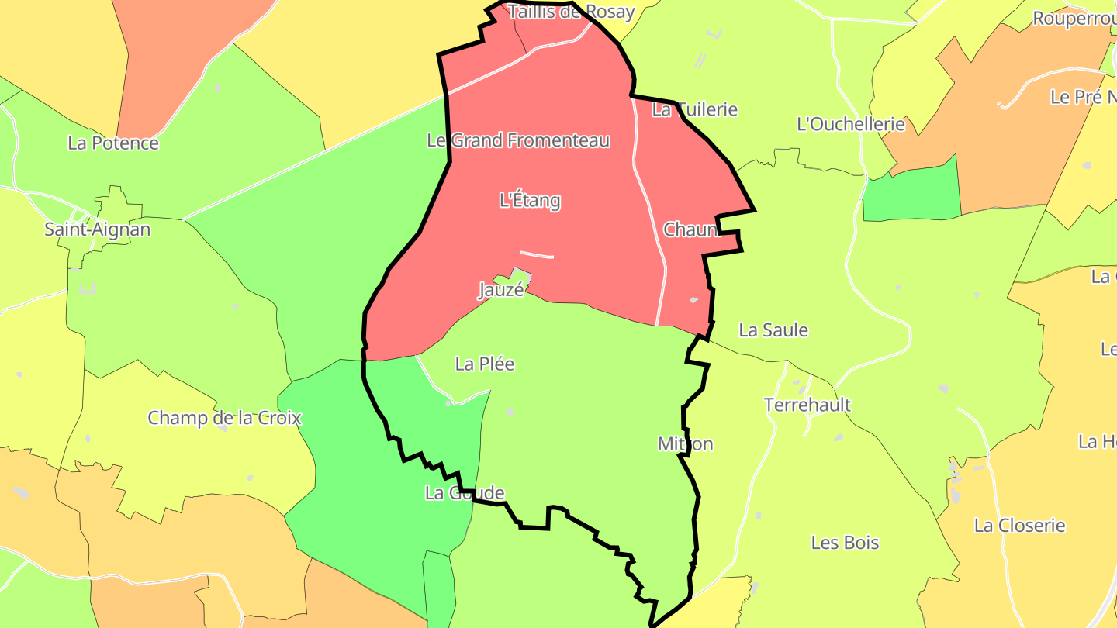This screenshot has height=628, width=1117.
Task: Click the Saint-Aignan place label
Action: (97, 229)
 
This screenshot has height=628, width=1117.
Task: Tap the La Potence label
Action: (113, 143)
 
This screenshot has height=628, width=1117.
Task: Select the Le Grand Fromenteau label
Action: (518, 140)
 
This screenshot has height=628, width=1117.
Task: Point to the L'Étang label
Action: (530, 201)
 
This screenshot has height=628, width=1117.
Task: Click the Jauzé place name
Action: (501, 291)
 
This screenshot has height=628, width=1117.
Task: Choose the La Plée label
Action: (485, 364)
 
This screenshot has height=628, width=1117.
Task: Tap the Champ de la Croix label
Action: (224, 418)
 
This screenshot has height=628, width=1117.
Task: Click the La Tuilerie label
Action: (694, 109)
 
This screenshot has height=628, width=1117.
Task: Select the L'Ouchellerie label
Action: (851, 124)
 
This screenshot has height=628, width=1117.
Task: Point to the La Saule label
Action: (773, 330)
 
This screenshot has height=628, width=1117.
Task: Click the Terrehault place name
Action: (807, 405)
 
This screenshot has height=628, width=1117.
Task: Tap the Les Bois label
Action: (845, 543)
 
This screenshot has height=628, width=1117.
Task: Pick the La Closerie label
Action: (1019, 526)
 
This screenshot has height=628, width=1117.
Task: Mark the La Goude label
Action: (465, 493)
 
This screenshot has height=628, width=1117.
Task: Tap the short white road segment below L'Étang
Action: (537, 254)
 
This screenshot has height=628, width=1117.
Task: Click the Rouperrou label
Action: (1074, 19)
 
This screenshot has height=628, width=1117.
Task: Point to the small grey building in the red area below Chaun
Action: (693, 300)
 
